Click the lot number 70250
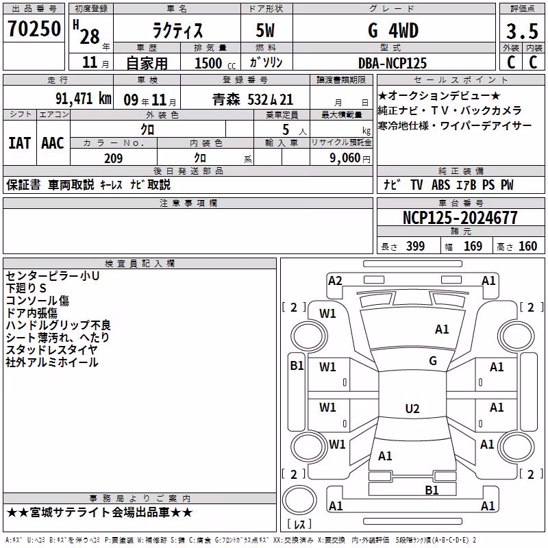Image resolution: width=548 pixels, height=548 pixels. [34, 29]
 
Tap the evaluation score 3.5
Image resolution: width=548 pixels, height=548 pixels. [522, 32]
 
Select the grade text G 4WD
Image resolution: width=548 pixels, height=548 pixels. [393, 31]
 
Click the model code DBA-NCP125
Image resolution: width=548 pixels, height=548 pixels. [393, 63]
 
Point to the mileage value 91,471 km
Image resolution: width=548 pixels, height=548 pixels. [84, 99]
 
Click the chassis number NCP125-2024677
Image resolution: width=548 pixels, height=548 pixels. [460, 218]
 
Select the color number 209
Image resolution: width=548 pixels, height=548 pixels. [113, 158]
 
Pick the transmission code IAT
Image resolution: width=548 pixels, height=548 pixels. [19, 143]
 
